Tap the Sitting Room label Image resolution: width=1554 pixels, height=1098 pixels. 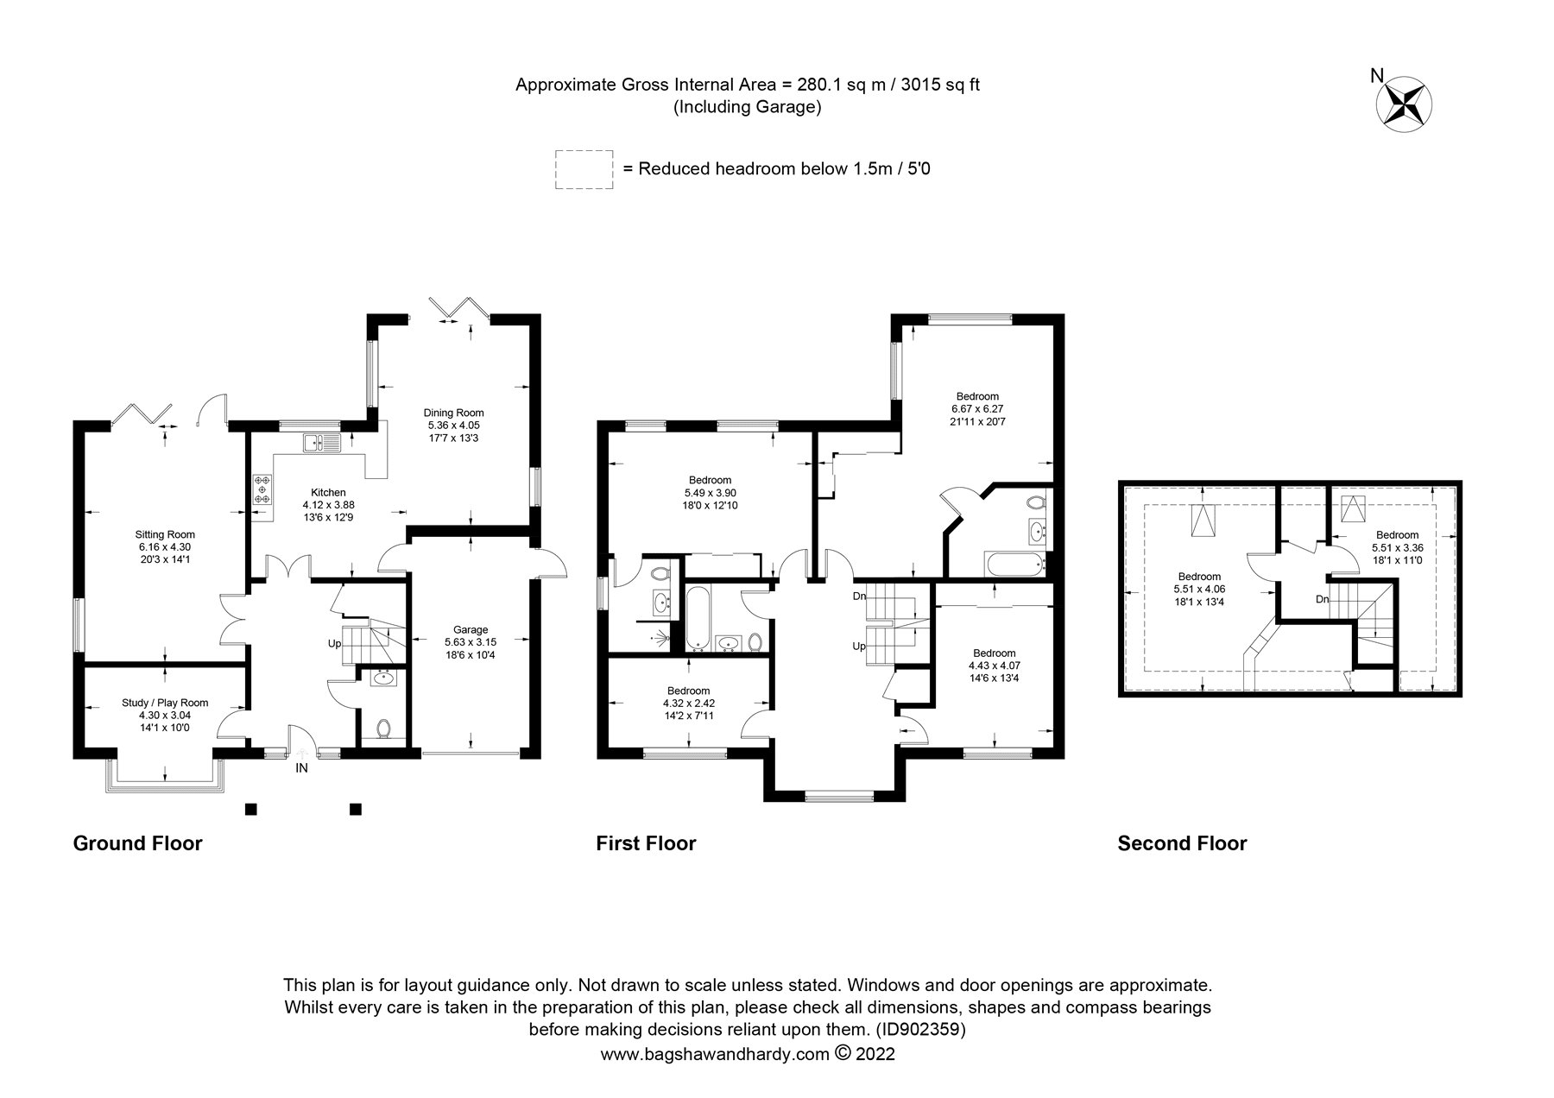[164, 533]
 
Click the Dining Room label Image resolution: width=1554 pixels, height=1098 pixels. [453, 413]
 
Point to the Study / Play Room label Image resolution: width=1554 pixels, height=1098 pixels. [165, 703]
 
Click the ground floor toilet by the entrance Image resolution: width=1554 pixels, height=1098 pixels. [384, 729]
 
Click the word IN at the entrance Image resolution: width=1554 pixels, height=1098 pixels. [301, 767]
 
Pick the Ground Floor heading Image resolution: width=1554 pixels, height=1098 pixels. [137, 843]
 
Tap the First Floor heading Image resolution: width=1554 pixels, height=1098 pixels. [646, 843]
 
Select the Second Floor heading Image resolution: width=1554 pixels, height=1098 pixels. [1182, 843]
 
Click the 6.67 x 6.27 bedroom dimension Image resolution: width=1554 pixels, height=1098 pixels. [977, 409]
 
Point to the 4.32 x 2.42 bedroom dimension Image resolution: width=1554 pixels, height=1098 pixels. [688, 703]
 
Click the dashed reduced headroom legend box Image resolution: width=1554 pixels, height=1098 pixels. [584, 168]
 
